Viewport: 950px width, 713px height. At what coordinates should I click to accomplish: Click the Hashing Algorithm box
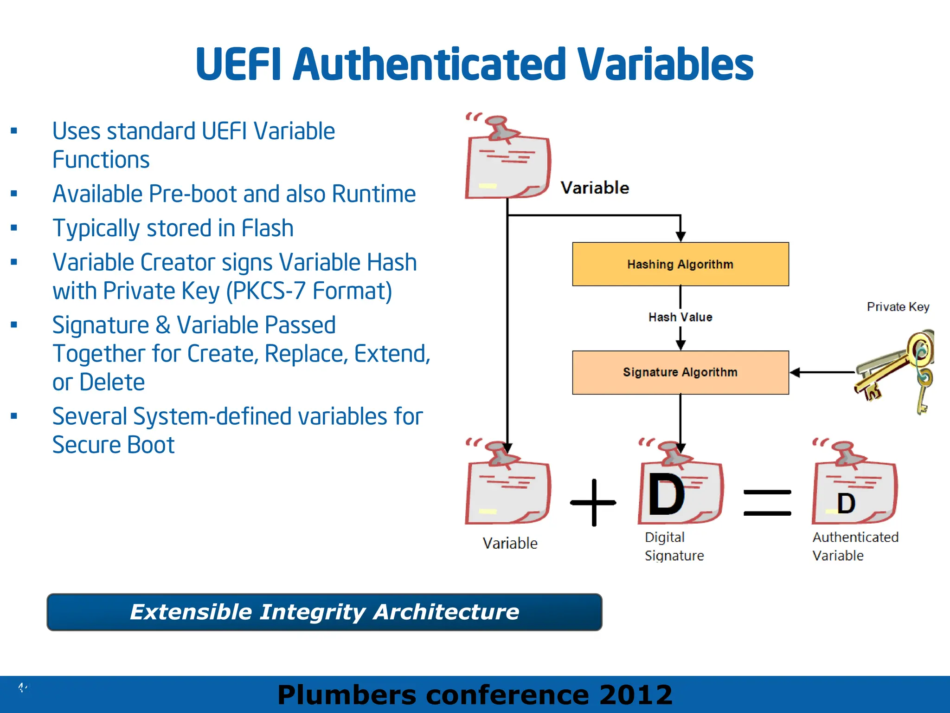680,264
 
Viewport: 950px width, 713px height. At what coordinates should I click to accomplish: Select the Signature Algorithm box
680,372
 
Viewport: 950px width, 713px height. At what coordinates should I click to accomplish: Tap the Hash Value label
680,317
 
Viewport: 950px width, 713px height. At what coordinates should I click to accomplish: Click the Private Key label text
898,307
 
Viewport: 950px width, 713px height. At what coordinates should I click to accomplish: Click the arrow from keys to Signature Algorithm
821,372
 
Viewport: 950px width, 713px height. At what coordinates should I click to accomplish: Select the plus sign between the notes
593,503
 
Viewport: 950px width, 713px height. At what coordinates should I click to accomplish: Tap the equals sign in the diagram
767,503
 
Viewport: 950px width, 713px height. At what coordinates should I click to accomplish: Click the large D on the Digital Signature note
666,495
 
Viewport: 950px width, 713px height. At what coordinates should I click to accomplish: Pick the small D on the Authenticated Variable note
846,504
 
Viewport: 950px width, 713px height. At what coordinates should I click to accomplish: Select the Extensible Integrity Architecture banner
324,612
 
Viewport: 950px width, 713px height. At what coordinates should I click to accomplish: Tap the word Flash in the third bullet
267,228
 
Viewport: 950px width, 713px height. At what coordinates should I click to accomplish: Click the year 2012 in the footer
635,695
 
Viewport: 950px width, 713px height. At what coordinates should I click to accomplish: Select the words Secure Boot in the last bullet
113,445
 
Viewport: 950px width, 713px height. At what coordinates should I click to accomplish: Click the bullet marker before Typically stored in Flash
14,228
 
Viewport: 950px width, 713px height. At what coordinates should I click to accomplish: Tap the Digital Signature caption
674,546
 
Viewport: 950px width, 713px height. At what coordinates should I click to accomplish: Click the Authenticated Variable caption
855,546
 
